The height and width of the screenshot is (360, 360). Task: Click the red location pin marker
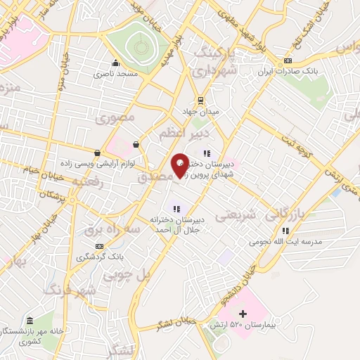point(180,166)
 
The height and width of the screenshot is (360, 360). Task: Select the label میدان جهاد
point(201,111)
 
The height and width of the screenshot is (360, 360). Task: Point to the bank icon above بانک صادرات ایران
point(288,60)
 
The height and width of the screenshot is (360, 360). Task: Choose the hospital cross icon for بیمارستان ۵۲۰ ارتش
point(243,313)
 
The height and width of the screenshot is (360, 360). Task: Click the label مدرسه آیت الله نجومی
point(285,242)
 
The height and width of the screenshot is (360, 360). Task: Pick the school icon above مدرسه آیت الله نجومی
point(285,231)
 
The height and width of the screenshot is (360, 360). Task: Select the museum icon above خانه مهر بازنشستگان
point(30,320)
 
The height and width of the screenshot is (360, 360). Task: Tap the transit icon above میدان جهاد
point(201,100)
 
